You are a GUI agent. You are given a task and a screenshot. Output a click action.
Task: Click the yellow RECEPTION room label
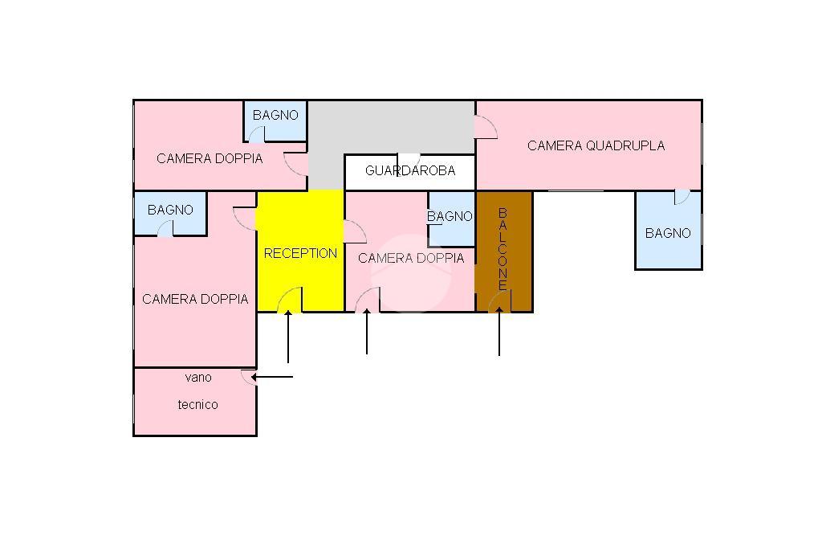point(300,253)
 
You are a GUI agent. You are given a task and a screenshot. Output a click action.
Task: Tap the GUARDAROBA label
point(410,170)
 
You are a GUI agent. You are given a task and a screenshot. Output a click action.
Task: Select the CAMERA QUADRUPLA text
point(596,145)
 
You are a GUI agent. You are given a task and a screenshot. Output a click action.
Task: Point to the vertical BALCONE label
point(503,249)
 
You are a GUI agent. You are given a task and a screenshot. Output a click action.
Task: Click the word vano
point(198,378)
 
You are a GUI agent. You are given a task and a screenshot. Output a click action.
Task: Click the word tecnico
point(197,405)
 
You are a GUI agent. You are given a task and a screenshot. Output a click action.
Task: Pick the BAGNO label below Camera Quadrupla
point(668,233)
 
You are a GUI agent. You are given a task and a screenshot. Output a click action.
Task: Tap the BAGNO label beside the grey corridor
point(275,115)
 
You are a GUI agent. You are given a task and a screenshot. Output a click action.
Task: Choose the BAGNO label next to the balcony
point(450,215)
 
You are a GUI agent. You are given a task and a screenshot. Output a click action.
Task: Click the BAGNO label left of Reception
point(170,210)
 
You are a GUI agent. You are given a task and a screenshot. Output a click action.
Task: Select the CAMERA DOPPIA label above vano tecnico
point(195,299)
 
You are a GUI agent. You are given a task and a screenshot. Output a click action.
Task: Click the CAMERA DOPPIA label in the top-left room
point(210,158)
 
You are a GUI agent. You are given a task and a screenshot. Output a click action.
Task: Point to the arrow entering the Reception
point(288,337)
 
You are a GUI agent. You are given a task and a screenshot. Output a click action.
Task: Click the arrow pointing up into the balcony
point(499,331)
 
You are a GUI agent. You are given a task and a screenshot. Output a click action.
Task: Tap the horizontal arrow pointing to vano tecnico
point(271,377)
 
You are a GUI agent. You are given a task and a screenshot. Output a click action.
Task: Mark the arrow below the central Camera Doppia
point(366,331)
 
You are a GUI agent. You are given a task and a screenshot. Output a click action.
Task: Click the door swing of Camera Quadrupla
point(486,128)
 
